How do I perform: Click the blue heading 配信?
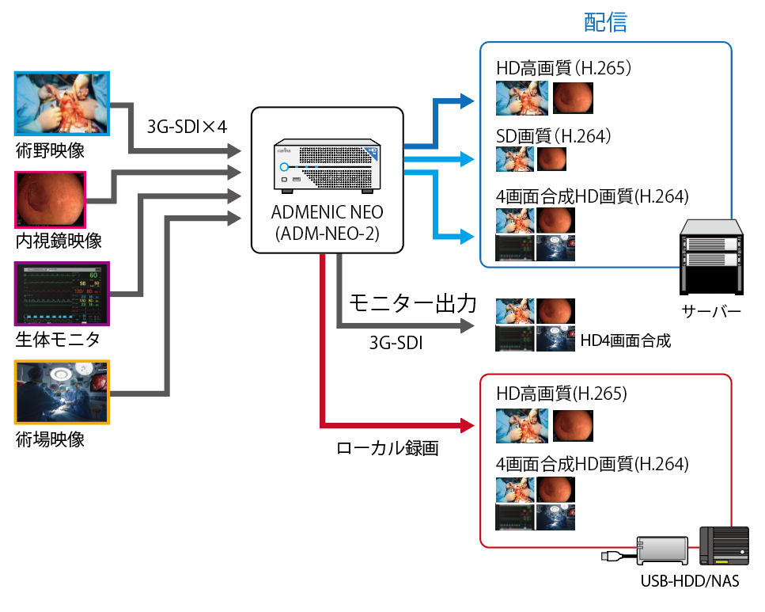pyautogui.click(x=605, y=22)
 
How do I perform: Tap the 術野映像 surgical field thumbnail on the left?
pyautogui.click(x=62, y=104)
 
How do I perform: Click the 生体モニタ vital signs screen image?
pyautogui.click(x=62, y=294)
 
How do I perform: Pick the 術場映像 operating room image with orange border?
pyautogui.click(x=62, y=392)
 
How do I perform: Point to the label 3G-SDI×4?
pyautogui.click(x=187, y=127)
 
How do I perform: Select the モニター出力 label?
pyautogui.click(x=413, y=303)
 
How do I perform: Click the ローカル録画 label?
pyautogui.click(x=388, y=449)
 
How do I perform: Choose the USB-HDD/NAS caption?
pyautogui.click(x=690, y=582)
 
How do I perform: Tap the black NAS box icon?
pyautogui.click(x=724, y=546)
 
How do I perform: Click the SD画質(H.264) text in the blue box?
pyautogui.click(x=554, y=136)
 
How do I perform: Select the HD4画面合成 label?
pyautogui.click(x=625, y=341)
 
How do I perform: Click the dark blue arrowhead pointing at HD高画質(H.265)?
pyautogui.click(x=467, y=101)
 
